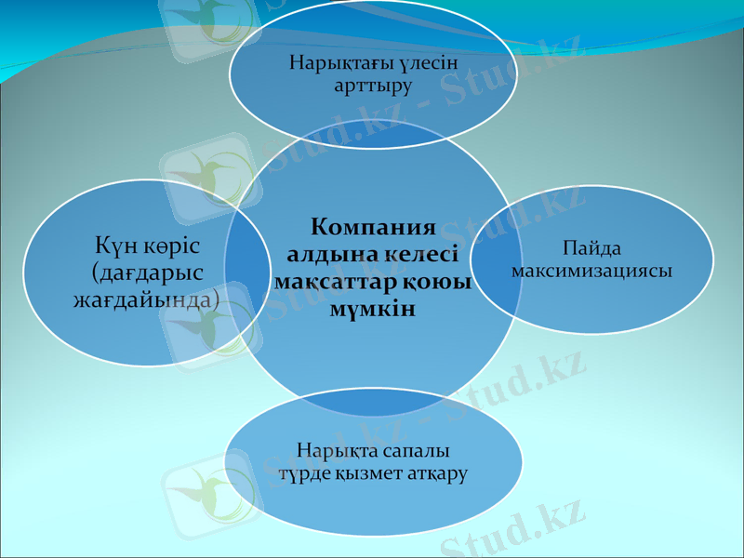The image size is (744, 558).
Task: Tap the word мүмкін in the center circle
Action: tap(372, 308)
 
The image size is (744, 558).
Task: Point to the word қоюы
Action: tap(437, 281)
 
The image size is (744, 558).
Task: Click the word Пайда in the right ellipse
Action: tap(591, 249)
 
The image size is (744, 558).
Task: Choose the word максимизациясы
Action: tap(591, 271)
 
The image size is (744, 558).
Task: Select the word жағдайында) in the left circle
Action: tap(146, 300)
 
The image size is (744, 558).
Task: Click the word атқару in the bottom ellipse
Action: tap(436, 473)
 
